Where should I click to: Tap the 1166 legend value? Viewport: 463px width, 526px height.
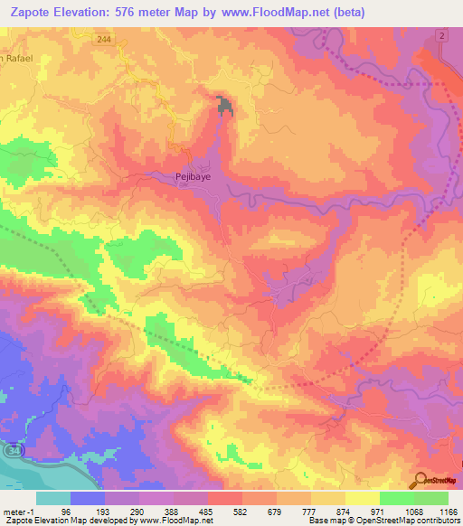click(x=435, y=512)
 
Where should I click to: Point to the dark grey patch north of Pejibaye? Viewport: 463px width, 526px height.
click(x=224, y=106)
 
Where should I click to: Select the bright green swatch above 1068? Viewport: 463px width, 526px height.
click(x=396, y=498)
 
